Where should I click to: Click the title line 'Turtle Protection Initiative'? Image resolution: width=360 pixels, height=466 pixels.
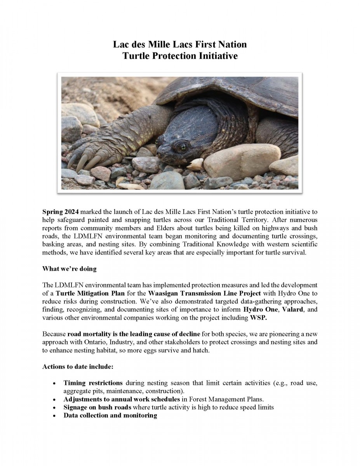pyautogui.click(x=180, y=56)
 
